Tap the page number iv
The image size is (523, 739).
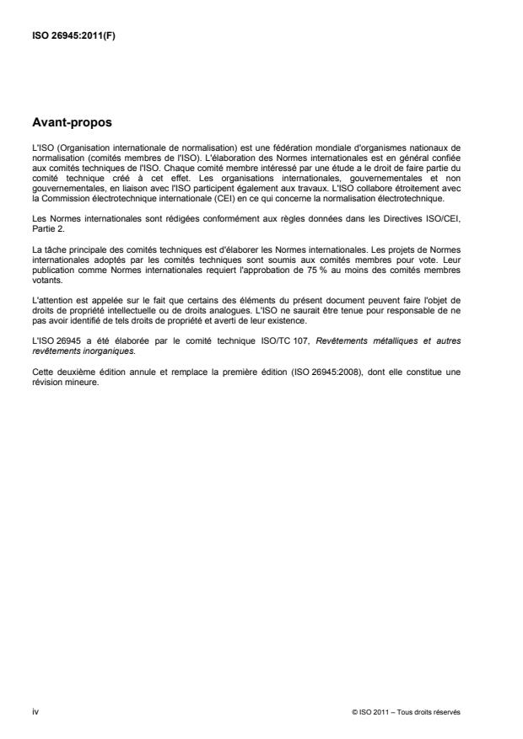click(x=35, y=712)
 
